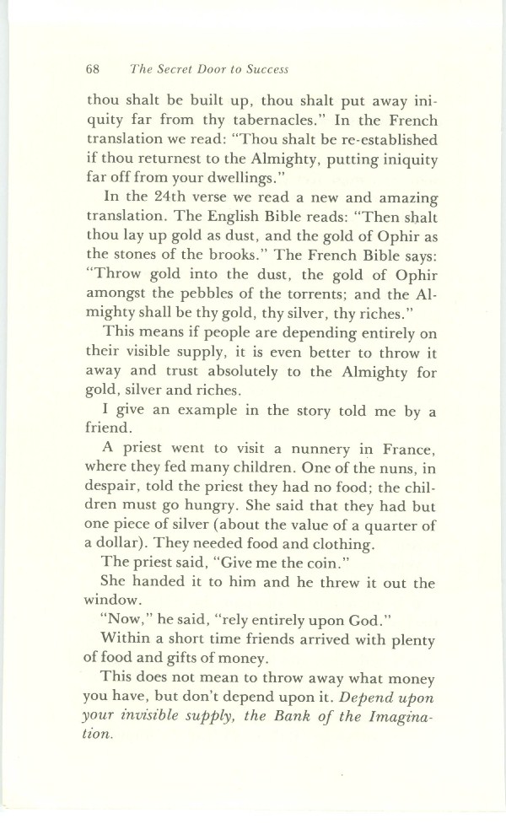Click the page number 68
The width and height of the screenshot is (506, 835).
[x=94, y=69]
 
